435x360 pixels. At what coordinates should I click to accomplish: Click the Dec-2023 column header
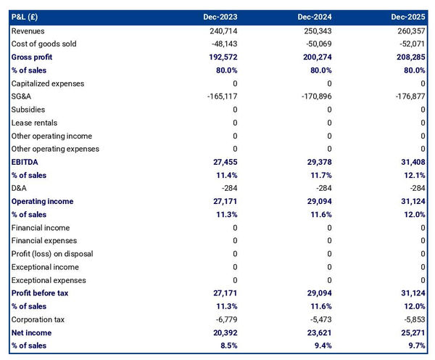pos(220,17)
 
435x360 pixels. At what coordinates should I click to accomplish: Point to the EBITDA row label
pos(26,162)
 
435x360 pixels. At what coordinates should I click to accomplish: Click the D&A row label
pos(20,188)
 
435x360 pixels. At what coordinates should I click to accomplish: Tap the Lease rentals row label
pos(35,123)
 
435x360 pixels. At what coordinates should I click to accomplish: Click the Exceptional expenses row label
pos(49,280)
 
